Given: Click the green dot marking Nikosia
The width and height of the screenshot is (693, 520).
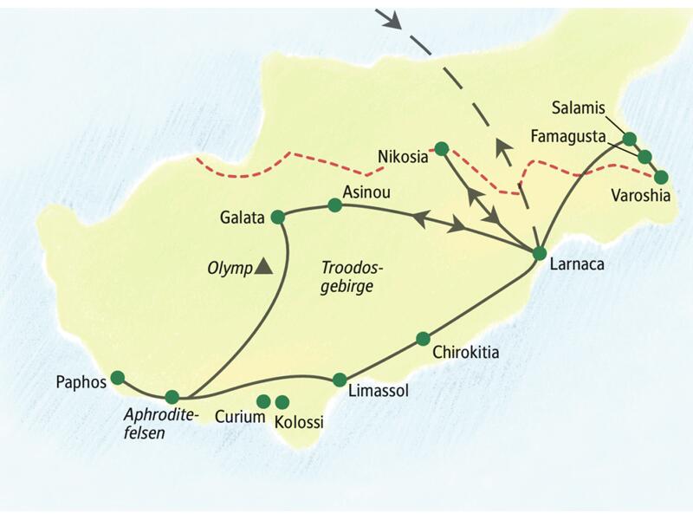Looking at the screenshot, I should coord(441,148).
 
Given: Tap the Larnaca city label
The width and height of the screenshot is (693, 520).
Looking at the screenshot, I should coord(579,269).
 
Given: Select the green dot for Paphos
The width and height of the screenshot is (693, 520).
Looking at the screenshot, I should coord(117,377).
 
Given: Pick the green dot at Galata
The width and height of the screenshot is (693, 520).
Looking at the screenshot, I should coord(277,217).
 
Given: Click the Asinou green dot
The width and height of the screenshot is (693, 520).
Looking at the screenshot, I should coord(334,205).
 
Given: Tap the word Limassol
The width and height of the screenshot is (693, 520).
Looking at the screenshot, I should coord(377,392).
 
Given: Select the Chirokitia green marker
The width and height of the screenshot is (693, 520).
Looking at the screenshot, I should coord(423,338).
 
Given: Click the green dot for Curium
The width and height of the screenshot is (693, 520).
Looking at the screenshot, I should coord(263,401).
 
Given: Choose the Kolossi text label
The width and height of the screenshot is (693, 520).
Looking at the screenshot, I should coord(298,423).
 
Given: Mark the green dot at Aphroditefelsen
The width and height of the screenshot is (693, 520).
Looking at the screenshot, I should coord(172,396).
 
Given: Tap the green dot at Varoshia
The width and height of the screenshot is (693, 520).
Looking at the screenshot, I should coord(661,177).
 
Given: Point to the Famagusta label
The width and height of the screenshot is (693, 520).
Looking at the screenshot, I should coord(567,136).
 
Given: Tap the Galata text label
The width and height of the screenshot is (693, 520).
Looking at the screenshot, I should coord(242,218).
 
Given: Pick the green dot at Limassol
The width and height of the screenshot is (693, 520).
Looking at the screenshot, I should coord(340,380).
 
